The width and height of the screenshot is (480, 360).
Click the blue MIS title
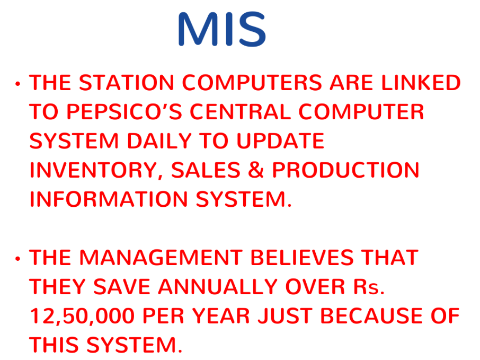point(222,29)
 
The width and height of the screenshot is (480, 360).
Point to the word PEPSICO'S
point(125,111)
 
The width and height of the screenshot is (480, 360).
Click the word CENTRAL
point(241,111)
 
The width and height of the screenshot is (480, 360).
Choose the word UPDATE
point(280,141)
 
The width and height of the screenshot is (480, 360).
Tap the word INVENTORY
point(94,170)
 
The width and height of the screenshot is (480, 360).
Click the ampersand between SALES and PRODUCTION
point(256,170)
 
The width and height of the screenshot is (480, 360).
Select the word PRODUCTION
point(345,170)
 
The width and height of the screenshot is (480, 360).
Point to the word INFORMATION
point(109,199)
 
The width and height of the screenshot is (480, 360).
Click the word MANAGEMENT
point(161,257)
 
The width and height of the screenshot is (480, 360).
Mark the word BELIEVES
point(302,257)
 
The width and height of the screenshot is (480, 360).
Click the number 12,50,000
point(83,316)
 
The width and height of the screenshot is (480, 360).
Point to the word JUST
point(286,316)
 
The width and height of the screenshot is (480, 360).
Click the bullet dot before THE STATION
point(18,83)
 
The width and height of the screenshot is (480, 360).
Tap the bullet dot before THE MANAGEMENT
point(18,259)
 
